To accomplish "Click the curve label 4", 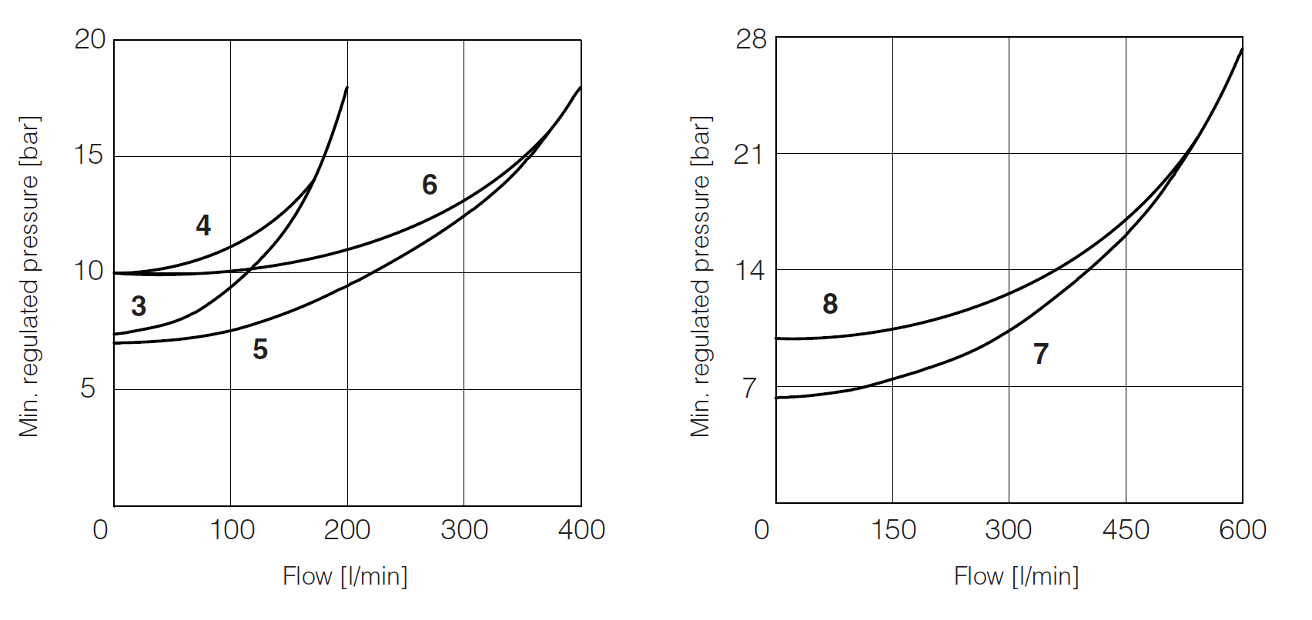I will (x=203, y=225).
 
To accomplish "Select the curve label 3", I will (x=139, y=306).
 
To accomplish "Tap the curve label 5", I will (x=260, y=350).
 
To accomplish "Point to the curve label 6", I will (x=430, y=185).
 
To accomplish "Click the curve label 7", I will (x=1041, y=355).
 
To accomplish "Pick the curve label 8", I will (x=830, y=304).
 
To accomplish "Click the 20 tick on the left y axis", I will (x=89, y=39).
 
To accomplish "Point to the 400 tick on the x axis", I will (x=581, y=530).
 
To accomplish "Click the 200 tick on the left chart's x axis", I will (x=347, y=530).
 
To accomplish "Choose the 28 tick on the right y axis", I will (x=751, y=39).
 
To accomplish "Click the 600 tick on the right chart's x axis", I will (x=1243, y=530).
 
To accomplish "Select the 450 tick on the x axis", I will (x=1126, y=530).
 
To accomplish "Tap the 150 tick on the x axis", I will (x=893, y=530).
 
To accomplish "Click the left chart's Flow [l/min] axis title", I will (x=345, y=576).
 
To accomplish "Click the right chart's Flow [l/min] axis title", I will (x=1016, y=576).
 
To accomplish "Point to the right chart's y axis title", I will (x=701, y=277).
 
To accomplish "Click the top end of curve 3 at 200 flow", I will (x=346, y=88).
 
